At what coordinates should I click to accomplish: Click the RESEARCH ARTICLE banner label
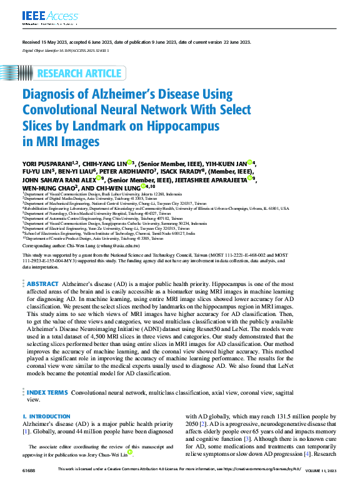point(79,74)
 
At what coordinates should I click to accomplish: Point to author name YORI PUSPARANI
point(52,164)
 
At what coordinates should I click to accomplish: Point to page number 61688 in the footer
point(29,469)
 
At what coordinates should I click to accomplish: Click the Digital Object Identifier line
point(66,49)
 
